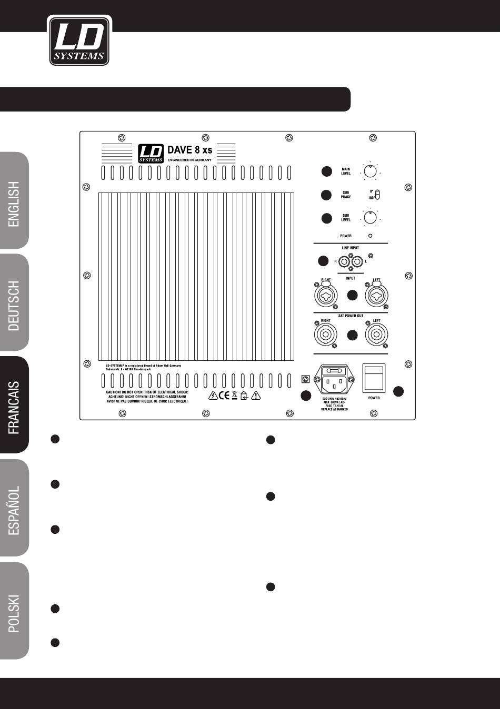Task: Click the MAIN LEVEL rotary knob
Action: [x=370, y=171]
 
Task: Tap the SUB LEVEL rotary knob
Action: [x=370, y=217]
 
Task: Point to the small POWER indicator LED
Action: [x=371, y=236]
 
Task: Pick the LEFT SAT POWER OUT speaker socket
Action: [x=376, y=335]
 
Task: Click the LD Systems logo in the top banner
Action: [x=79, y=40]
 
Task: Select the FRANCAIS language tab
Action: [x=14, y=405]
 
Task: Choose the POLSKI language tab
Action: [x=14, y=611]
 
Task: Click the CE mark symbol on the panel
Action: [x=224, y=396]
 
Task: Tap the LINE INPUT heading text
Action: [x=351, y=248]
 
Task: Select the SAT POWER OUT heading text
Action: [x=351, y=316]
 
